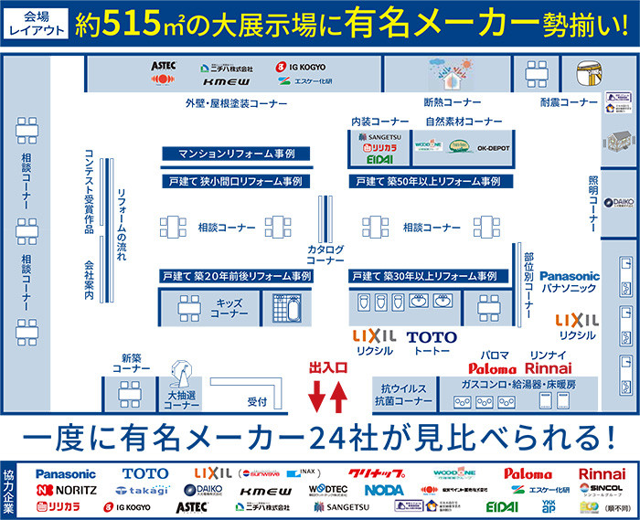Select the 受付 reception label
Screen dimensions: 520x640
[x=257, y=401]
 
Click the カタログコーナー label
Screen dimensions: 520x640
[x=325, y=254]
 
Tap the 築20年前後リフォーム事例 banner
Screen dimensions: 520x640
[x=237, y=276]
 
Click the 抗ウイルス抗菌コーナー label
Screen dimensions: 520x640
[x=402, y=394]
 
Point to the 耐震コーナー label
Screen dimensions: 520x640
[x=568, y=102]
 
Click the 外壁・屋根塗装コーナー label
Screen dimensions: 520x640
[x=236, y=103]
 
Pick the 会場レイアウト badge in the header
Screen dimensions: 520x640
[x=37, y=24]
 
